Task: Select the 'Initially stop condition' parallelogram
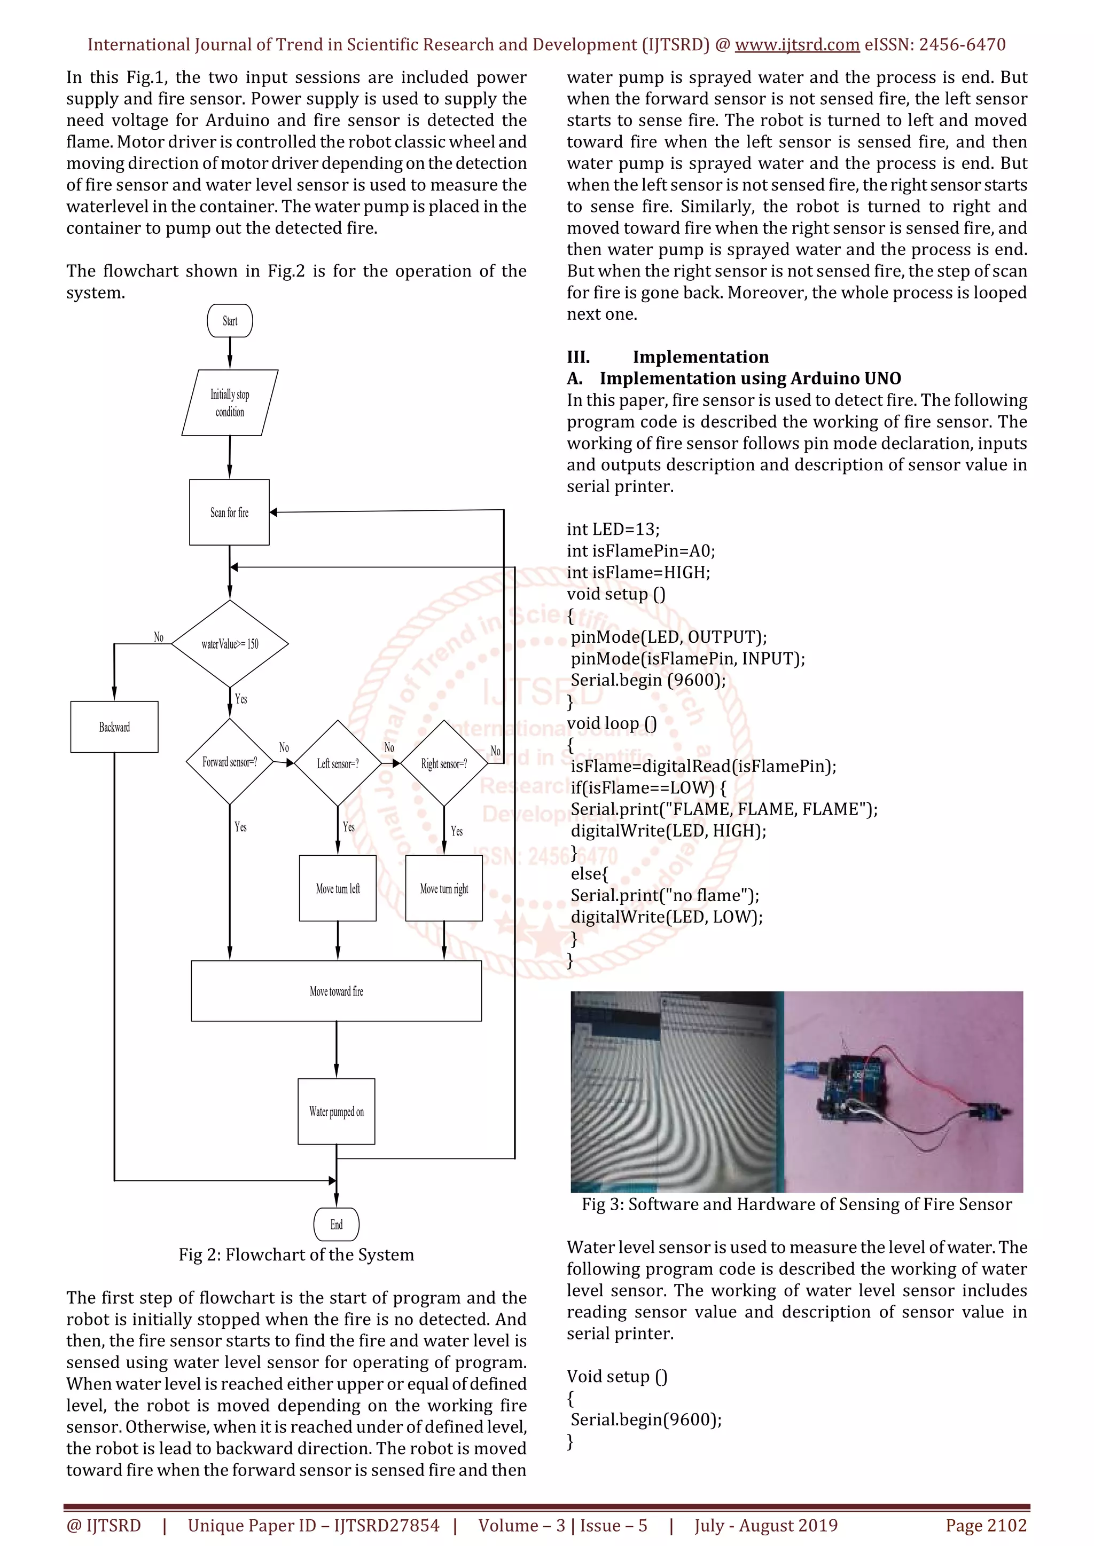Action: [230, 403]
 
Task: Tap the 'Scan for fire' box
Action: [229, 512]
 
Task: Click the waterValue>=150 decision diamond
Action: [230, 644]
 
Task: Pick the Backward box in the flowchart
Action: [114, 727]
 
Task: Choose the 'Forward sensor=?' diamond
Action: [230, 762]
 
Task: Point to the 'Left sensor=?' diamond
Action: [338, 763]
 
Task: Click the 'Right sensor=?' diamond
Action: [444, 763]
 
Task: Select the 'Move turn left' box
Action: [338, 888]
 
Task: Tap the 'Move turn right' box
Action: [444, 888]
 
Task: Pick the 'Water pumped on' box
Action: [336, 1111]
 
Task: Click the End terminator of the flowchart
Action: [336, 1224]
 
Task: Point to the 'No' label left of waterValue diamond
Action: [158, 636]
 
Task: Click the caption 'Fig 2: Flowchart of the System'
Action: [296, 1255]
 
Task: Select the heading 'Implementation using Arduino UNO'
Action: [750, 378]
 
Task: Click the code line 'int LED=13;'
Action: [613, 529]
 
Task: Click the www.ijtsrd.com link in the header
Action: [796, 45]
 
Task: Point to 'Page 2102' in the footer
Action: [986, 1525]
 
